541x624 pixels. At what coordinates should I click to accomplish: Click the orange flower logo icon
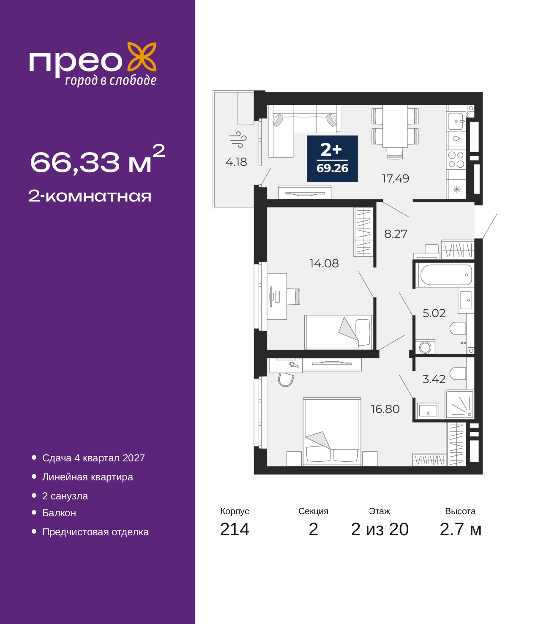(142, 57)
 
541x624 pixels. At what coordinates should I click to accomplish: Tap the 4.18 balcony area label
(236, 162)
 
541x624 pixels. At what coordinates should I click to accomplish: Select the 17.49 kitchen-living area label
(396, 179)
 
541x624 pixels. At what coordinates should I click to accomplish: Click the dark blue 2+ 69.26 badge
(332, 158)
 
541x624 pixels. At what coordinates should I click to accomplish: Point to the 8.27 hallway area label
(396, 234)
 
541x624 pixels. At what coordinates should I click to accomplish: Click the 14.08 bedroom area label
(324, 264)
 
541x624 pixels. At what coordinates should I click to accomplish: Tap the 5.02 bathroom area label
(434, 313)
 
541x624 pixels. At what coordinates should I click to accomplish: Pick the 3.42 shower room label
(434, 379)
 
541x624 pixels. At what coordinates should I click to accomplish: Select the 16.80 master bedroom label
(385, 409)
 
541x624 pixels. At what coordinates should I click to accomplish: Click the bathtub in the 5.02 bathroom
(446, 275)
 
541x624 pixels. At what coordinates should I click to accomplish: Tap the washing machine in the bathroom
(425, 347)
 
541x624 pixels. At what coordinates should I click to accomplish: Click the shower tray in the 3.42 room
(459, 405)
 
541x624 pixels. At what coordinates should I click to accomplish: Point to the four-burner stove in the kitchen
(456, 160)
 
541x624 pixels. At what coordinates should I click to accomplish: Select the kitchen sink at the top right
(456, 121)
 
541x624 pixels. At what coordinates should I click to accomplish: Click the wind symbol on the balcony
(238, 139)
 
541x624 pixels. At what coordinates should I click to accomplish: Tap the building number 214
(235, 529)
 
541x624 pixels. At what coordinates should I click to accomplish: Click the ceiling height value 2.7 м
(460, 529)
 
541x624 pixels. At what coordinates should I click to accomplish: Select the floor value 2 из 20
(380, 529)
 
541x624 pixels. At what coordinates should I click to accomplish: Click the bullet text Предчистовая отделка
(96, 532)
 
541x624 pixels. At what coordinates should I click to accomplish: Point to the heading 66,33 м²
(98, 159)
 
